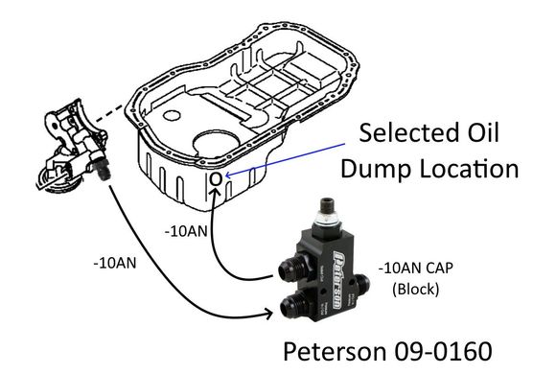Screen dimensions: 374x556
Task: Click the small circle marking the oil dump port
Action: click(216, 178)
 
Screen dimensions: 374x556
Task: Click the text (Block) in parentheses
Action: click(413, 289)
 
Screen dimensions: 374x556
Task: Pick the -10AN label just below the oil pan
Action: click(184, 231)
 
